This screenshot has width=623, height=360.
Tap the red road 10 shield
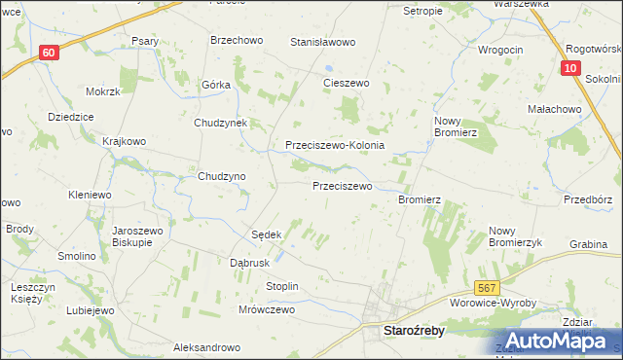pos(572,67)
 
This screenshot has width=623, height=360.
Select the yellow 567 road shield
pos(488,287)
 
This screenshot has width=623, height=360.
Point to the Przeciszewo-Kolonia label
pos(335,145)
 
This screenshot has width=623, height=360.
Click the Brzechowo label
pos(233,41)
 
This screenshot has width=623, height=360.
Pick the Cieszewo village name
pos(347,84)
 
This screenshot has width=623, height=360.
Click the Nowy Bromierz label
pos(454,126)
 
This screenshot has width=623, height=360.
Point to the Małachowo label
pos(552,110)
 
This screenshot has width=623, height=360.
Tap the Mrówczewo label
pos(266,309)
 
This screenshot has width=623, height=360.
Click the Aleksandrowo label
pos(206,347)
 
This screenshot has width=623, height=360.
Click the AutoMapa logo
pos(558,341)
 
